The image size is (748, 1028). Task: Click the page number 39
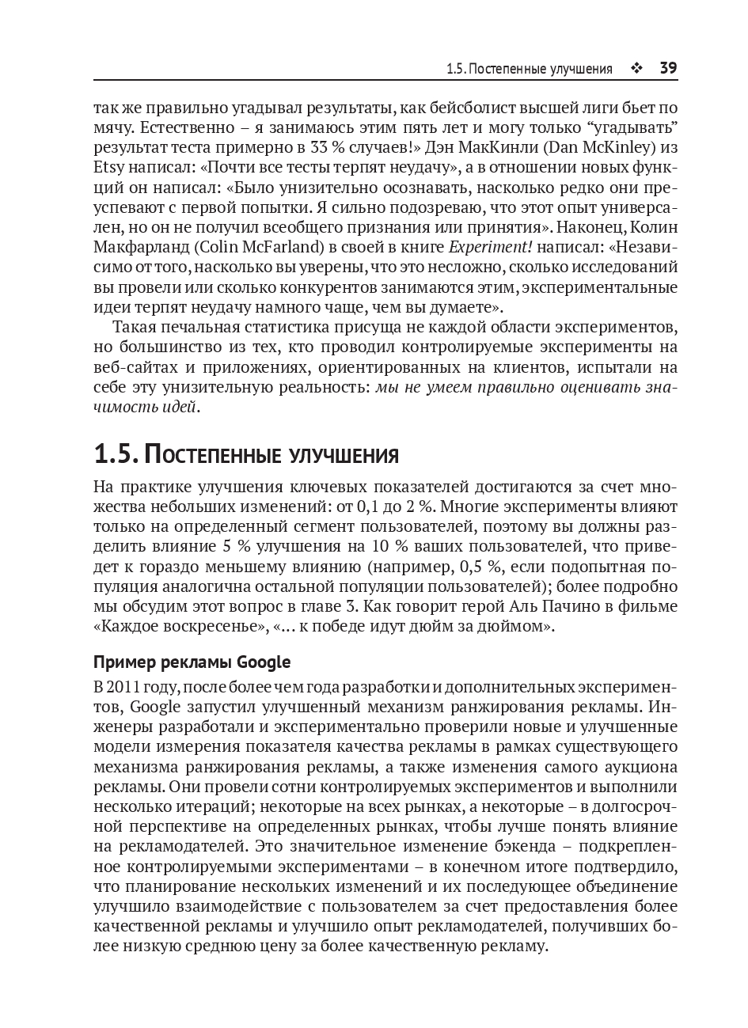[x=668, y=68]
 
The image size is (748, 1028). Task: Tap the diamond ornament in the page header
[x=636, y=69]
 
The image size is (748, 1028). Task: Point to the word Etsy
[x=108, y=168]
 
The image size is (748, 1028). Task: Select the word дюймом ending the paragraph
[x=521, y=627]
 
